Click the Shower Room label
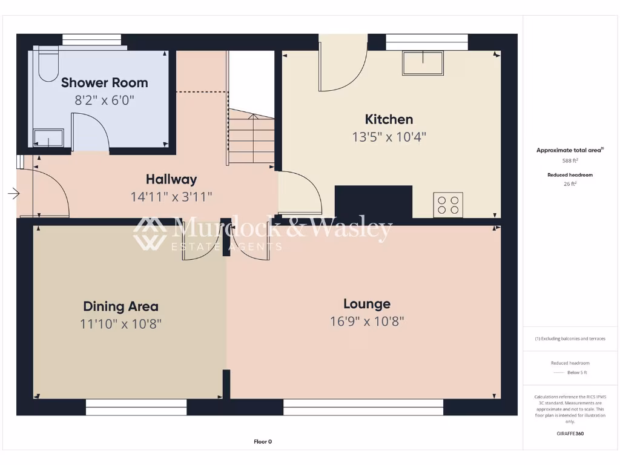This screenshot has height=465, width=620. pos(104,82)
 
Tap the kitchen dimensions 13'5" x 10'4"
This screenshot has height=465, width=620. pos(389,137)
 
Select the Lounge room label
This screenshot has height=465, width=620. pos(366,304)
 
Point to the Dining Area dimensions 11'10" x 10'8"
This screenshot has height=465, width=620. pos(120,324)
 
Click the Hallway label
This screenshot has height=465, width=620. pos(171,179)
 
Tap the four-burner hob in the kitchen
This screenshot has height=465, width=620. pos(448,205)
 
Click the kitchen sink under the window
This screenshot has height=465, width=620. pos(423,63)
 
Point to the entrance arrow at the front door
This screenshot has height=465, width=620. pos(13,194)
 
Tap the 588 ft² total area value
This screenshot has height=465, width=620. pos(570,161)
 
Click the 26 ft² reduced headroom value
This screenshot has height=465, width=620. pos(570,184)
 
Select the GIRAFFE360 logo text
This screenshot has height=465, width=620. pos(570,434)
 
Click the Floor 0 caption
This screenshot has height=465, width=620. pos(263,441)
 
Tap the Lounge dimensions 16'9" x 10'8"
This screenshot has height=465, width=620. pos(366,322)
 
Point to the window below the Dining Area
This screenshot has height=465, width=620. pos(136,407)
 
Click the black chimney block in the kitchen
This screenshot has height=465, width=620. pos(373,202)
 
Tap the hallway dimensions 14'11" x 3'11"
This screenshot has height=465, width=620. pos(171,197)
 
